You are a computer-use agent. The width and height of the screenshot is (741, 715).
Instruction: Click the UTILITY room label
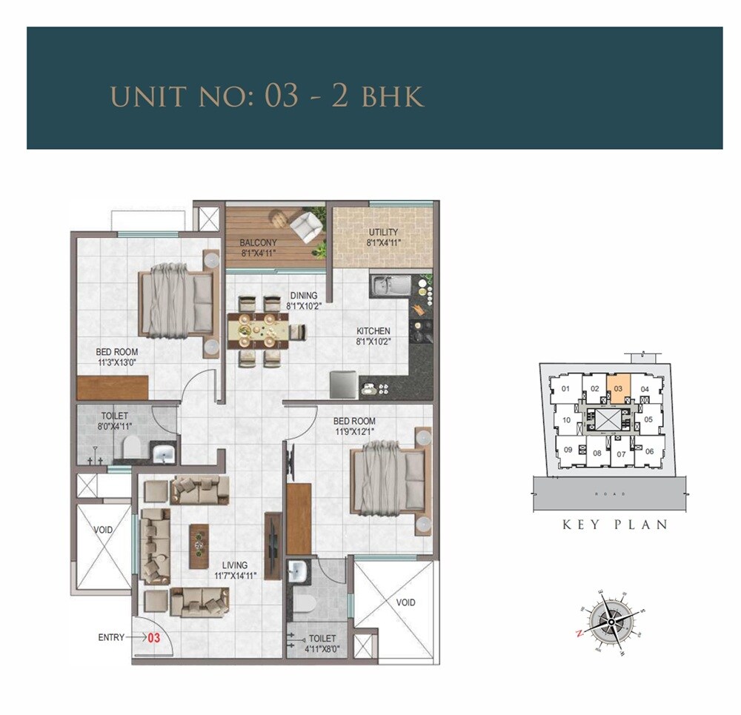pyautogui.click(x=382, y=232)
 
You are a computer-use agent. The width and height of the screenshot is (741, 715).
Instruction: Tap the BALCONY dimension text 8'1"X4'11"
pyautogui.click(x=258, y=253)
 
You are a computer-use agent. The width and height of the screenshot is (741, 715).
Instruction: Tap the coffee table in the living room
pyautogui.click(x=199, y=546)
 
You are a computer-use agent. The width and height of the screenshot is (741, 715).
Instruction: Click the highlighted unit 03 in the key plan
pyautogui.click(x=619, y=388)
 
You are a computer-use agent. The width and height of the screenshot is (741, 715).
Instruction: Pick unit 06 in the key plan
pyautogui.click(x=649, y=450)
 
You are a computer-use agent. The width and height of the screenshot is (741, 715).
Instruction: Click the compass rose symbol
pyautogui.click(x=612, y=619)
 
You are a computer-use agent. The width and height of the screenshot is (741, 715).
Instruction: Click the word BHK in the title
pyautogui.click(x=393, y=97)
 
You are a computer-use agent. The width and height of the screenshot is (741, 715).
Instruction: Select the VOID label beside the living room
pyautogui.click(x=103, y=531)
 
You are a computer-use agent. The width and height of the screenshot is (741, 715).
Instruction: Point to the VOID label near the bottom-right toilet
pyautogui.click(x=405, y=602)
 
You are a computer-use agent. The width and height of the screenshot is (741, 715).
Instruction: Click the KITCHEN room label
pyautogui.click(x=373, y=331)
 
